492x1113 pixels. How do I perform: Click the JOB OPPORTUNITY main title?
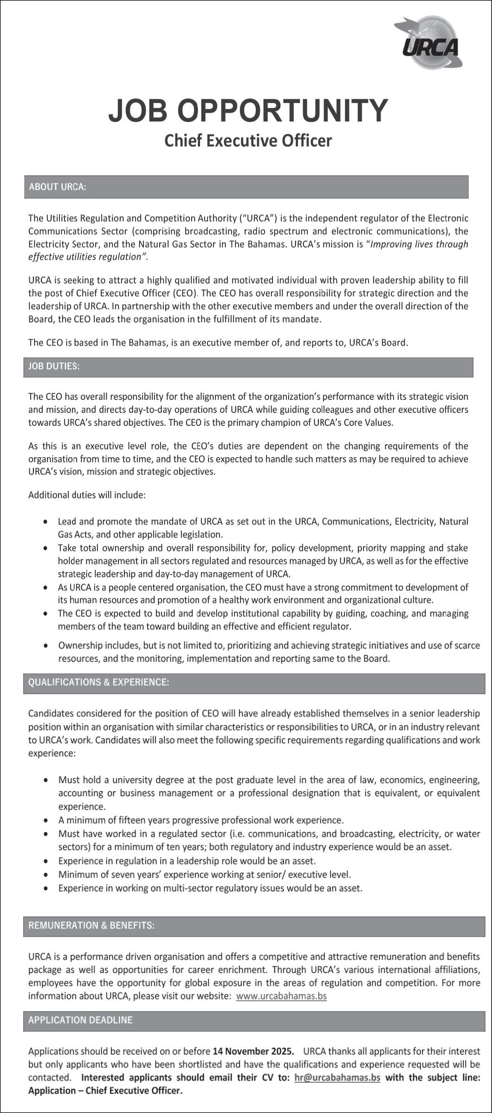coord(248,111)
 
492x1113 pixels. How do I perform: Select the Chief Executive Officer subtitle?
coord(248,141)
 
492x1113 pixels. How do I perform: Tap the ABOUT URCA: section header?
coord(58,187)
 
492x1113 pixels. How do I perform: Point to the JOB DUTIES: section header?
coord(54,366)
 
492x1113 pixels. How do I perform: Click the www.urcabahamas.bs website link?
coord(281,996)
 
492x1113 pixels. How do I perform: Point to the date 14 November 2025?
coord(253,1051)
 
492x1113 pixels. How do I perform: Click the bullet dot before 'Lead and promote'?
coord(45,522)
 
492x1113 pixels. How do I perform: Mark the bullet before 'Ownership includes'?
coord(45,646)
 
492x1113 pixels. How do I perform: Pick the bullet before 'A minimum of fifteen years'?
coord(45,820)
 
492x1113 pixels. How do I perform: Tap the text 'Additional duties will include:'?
coord(87,495)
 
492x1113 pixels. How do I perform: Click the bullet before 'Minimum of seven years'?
coord(45,875)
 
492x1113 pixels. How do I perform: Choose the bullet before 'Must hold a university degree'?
coord(45,780)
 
